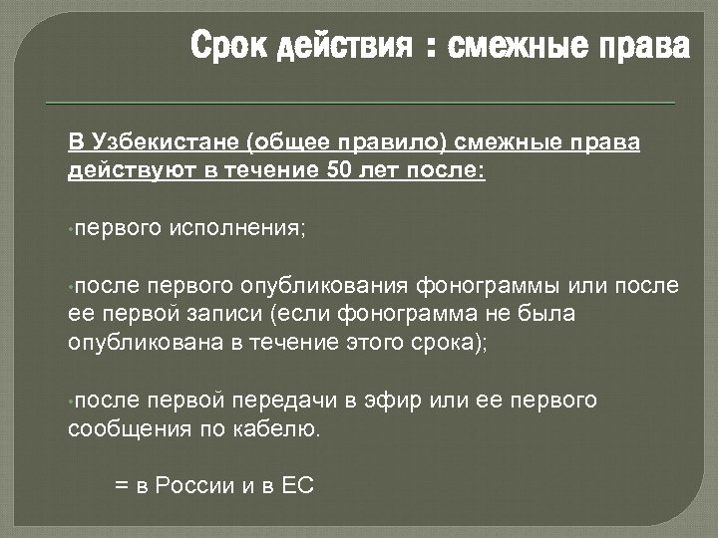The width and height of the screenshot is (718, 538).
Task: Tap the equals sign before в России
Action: coord(122,486)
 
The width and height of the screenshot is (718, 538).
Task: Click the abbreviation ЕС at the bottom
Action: coord(298,486)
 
